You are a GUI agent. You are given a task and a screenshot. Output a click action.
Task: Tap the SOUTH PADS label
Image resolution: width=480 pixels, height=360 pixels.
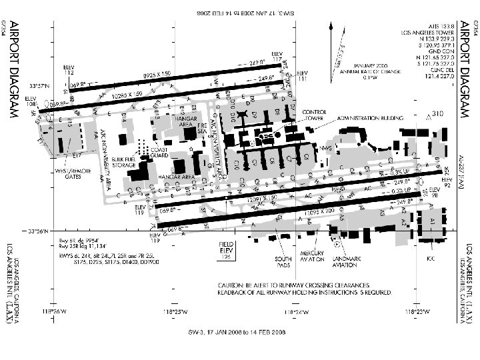click(x=283, y=262)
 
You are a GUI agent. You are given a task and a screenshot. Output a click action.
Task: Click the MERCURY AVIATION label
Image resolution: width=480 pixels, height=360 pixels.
click(x=312, y=257)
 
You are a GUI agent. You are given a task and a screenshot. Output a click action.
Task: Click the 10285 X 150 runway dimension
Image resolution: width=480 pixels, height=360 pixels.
click(x=129, y=94)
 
